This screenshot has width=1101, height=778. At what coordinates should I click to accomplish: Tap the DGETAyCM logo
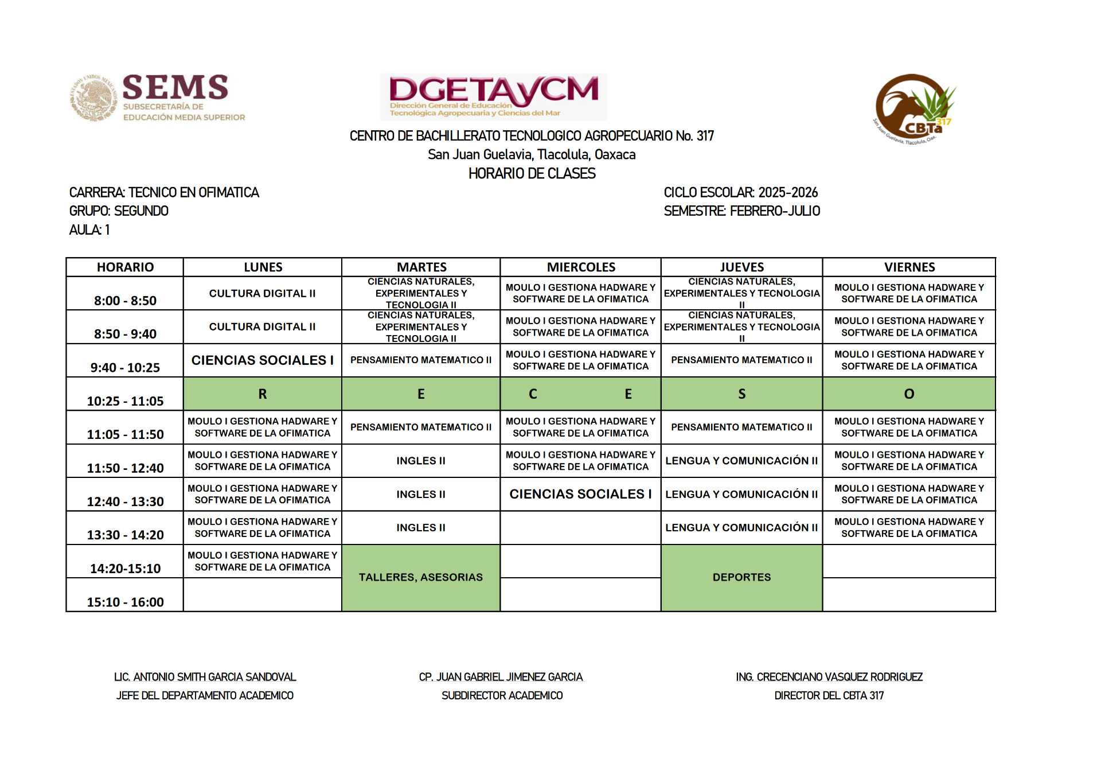(493, 96)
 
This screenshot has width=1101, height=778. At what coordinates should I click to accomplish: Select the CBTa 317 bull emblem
(914, 108)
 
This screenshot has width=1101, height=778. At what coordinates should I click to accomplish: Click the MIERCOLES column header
(581, 267)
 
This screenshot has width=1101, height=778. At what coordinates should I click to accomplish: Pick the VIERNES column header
(909, 267)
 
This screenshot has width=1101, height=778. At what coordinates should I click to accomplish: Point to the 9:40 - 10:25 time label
(125, 367)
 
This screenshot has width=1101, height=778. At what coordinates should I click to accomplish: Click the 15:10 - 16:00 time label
(125, 602)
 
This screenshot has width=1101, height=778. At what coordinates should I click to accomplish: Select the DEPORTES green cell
(741, 577)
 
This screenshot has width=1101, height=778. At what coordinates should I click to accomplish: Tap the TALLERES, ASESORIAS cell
(421, 577)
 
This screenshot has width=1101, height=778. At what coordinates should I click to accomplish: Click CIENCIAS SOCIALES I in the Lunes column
(263, 360)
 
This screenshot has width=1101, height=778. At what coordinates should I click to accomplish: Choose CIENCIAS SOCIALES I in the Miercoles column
(580, 494)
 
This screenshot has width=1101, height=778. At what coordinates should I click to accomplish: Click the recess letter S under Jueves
(741, 394)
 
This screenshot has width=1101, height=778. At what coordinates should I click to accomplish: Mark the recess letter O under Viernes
(909, 394)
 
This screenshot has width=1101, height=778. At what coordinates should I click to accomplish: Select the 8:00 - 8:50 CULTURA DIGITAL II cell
(263, 294)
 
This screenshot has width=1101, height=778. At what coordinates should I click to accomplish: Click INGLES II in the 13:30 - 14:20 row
(421, 528)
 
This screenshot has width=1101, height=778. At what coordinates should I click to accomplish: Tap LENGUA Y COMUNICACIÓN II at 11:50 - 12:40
(741, 461)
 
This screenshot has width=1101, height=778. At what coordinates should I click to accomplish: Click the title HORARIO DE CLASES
(532, 173)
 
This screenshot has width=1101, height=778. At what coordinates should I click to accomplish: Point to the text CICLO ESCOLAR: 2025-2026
(740, 192)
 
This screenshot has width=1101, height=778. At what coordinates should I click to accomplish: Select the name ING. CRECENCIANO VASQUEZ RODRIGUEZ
(829, 677)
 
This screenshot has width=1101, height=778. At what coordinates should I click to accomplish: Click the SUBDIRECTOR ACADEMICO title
(502, 695)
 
